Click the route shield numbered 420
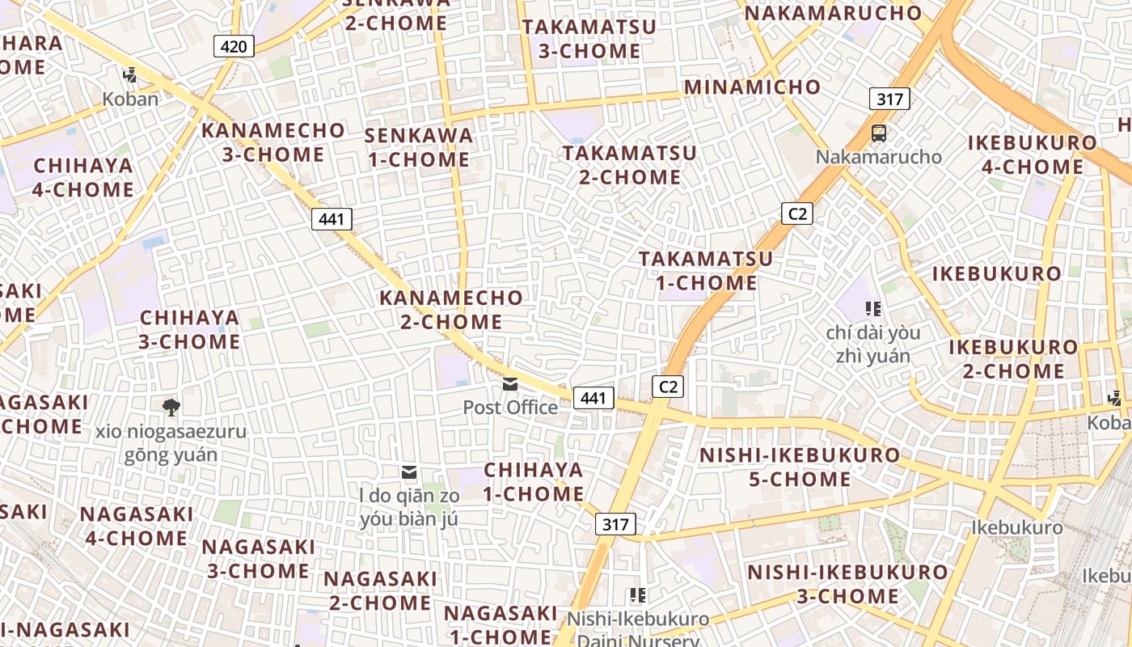point(234,46)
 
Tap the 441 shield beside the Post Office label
point(593,397)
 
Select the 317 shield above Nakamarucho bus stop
point(889,99)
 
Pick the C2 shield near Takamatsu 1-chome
point(797,214)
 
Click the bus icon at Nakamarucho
point(878,133)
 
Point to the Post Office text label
point(510,407)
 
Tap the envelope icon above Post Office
point(510,384)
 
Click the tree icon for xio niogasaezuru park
point(171,407)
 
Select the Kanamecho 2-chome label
point(451,310)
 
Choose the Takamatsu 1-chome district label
point(706,271)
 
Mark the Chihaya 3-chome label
point(190,329)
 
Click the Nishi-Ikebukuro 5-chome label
point(799,467)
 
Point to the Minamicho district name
point(752,87)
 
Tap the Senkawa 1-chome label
point(419,147)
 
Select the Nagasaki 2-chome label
point(380,590)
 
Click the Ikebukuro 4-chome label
point(1033,155)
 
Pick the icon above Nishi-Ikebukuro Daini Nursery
point(637,595)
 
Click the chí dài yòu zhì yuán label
point(873,344)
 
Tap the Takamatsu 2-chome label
point(630,164)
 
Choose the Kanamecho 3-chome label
point(273,142)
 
